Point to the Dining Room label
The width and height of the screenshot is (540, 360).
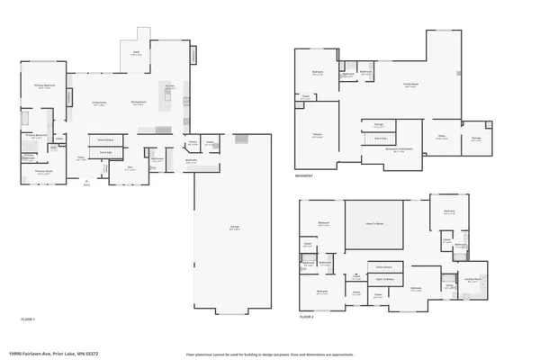139,103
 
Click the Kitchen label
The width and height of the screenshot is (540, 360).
168,86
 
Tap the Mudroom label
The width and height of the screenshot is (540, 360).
191,161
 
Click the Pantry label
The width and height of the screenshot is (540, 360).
193,142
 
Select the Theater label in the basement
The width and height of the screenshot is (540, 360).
318,135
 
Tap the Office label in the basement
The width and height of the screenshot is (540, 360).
442,137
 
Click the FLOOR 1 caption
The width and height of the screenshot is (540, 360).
28,319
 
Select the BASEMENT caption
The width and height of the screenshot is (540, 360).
303,176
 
